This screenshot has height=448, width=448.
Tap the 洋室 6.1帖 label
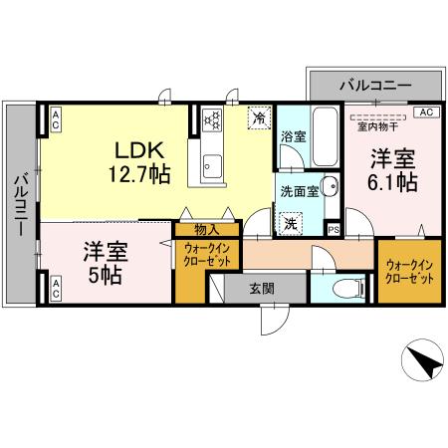(x=394, y=170)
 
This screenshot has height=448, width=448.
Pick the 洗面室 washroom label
(x=299, y=190)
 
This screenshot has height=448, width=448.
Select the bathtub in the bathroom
(x=324, y=135)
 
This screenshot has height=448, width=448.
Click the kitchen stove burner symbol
(x=211, y=120)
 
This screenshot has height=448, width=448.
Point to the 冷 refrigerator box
(x=259, y=117)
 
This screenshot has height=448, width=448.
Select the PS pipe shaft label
(x=334, y=230)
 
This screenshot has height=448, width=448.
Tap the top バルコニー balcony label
(x=374, y=87)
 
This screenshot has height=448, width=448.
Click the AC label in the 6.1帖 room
(x=425, y=112)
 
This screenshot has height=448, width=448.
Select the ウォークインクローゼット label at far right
(x=409, y=271)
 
